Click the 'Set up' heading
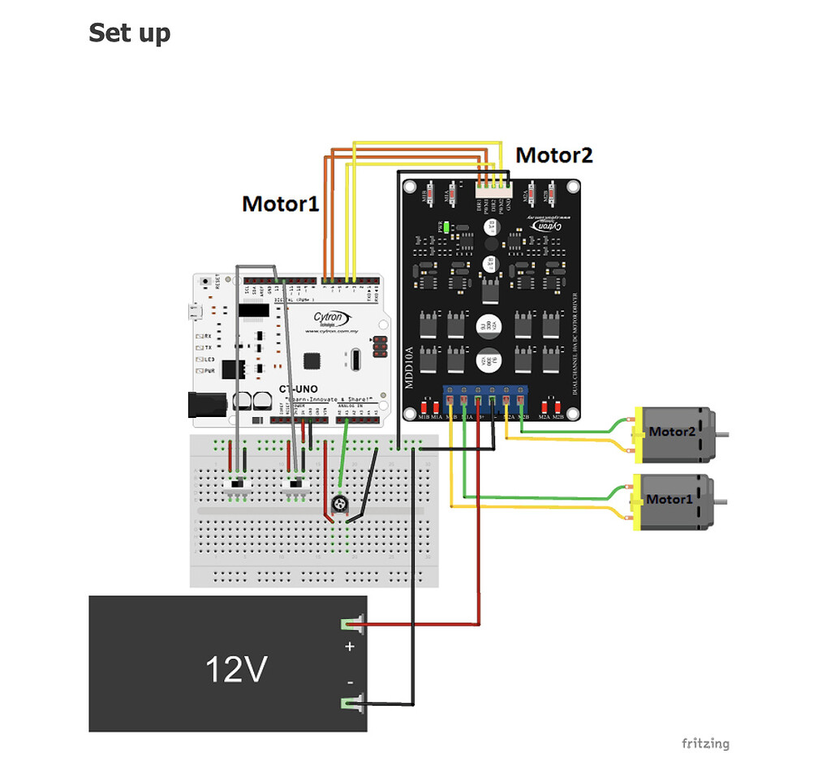(129, 33)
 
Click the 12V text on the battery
(236, 669)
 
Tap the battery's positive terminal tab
(352, 625)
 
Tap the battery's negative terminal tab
(352, 704)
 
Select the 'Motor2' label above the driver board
(554, 155)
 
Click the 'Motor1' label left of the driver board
(281, 204)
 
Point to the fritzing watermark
(704, 743)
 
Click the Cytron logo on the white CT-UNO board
(332, 318)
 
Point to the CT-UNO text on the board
(298, 389)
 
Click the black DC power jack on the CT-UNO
(204, 403)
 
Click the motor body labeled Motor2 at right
(677, 432)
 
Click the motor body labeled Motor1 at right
(675, 499)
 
